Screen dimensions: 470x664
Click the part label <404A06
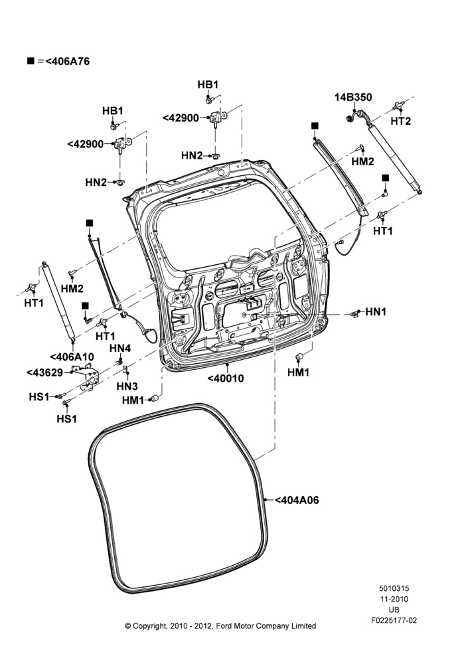[297, 500]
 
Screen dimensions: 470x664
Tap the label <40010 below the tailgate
[226, 378]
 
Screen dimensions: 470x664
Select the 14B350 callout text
[353, 98]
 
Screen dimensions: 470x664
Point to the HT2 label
[400, 121]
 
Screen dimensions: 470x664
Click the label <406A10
[72, 357]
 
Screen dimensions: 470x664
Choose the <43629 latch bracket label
[44, 373]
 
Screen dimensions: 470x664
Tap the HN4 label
[120, 348]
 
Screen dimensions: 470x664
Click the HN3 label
[127, 386]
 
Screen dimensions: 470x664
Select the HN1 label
[376, 312]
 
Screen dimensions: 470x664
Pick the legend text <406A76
[67, 61]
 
